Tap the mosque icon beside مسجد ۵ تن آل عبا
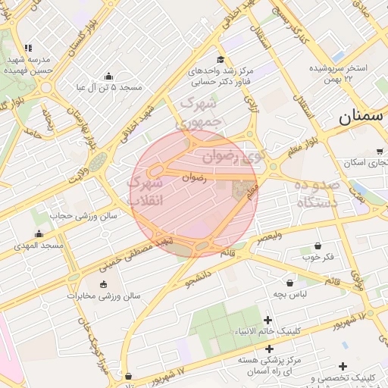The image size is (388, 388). click(x=108, y=76)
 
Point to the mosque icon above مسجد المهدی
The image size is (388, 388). click(x=39, y=233)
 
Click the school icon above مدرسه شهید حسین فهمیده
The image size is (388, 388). click(x=28, y=48)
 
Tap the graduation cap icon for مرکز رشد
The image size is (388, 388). click(x=221, y=60)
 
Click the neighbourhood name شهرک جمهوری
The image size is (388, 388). click(x=199, y=111)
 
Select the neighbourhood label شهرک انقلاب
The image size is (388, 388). click(x=145, y=190)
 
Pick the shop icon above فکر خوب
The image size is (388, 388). click(x=318, y=246)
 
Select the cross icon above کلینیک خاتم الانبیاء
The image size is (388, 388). click(x=268, y=321)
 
